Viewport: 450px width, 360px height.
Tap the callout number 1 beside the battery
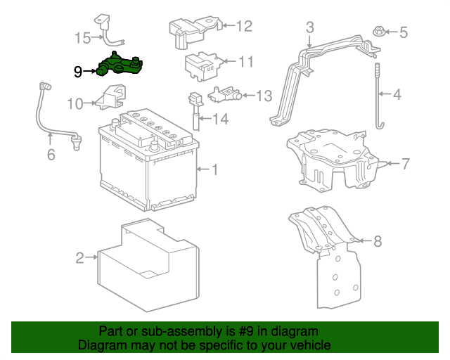tap(215, 169)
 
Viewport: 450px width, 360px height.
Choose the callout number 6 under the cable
tap(51, 154)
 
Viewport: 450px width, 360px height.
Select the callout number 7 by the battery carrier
tap(405, 165)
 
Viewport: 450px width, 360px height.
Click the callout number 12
tap(243, 27)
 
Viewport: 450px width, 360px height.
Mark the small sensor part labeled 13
tap(223, 93)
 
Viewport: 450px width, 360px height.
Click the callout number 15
tap(84, 37)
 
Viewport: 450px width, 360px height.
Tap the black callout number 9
tap(78, 70)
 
